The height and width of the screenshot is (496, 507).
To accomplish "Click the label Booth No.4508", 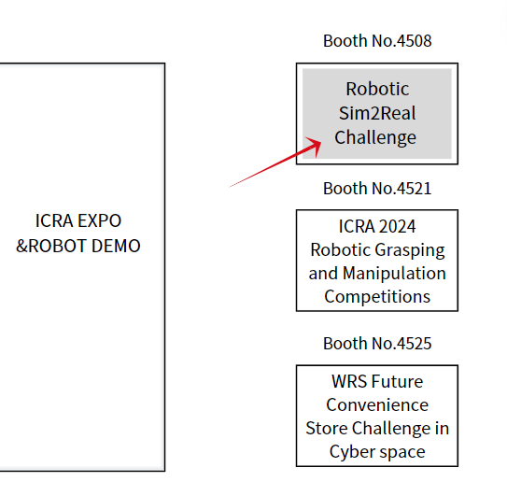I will pos(377,41).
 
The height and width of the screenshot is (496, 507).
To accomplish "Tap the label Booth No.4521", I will pos(377,189).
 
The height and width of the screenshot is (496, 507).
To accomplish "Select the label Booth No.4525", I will pos(377,344).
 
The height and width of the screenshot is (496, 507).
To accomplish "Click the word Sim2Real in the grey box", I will pos(377,113).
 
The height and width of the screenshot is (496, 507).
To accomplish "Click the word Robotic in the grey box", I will pos(377,90).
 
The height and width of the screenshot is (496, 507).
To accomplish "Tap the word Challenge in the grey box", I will pos(376,137).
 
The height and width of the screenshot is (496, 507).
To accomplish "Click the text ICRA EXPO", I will pos(78,221).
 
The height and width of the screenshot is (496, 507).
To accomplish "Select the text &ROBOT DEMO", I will pos(78,247).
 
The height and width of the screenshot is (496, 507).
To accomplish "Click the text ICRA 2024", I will pos(377,227).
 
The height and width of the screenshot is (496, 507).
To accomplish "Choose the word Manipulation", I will pos(396,274).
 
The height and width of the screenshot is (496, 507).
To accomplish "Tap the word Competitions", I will pos(377,297).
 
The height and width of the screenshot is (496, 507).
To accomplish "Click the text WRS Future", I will pos(377,382).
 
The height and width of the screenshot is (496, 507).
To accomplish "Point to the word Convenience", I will pos(377,405).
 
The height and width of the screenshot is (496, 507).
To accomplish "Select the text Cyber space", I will pos(377,452).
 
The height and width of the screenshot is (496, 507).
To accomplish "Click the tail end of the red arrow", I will pos(232,186).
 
